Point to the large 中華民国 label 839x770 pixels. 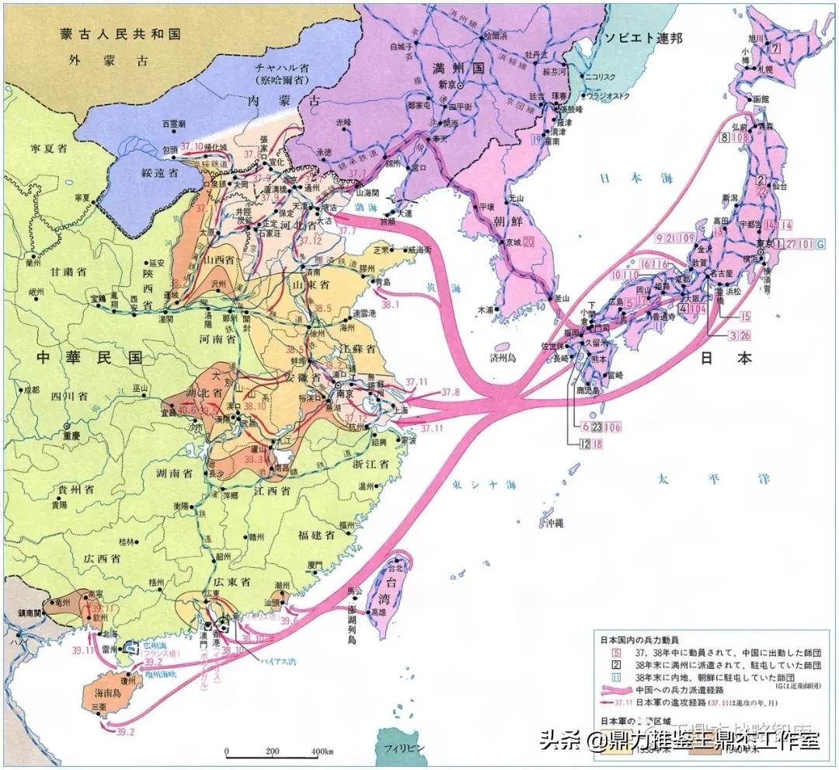click(x=92, y=357)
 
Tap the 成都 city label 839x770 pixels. click(x=30, y=389)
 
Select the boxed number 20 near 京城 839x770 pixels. click(x=529, y=242)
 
